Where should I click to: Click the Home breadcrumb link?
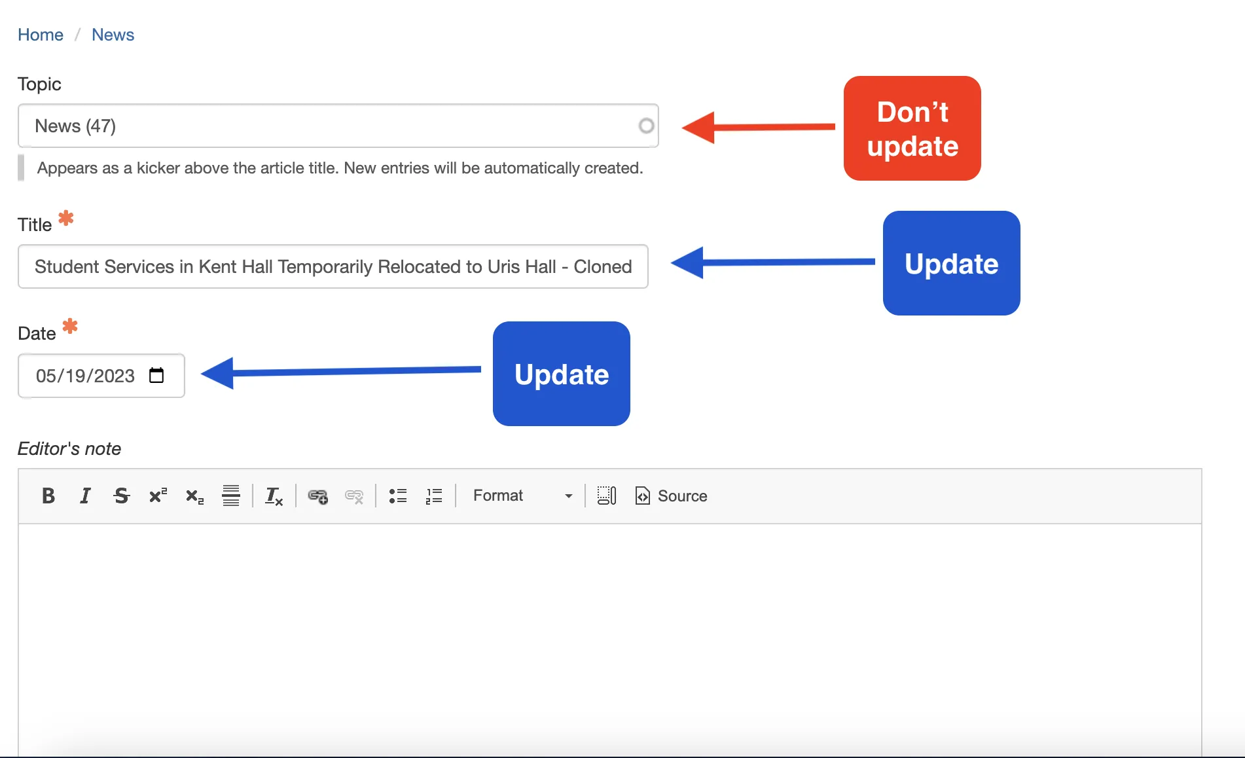click(41, 35)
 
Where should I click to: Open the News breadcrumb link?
click(113, 35)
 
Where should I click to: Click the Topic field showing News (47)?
click(338, 126)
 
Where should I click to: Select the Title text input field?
click(333, 266)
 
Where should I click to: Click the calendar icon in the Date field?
click(156, 375)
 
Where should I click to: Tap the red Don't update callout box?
click(912, 128)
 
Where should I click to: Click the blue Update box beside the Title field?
click(951, 263)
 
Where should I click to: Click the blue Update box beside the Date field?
click(561, 374)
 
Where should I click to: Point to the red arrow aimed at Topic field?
click(758, 127)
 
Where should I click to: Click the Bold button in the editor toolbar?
click(48, 496)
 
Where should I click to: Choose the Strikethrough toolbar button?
click(122, 496)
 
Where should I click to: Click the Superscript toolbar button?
click(158, 496)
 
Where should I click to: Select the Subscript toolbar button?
click(194, 496)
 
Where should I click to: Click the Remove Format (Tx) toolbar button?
click(274, 496)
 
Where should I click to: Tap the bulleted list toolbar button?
click(398, 496)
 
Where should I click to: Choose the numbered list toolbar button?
click(434, 496)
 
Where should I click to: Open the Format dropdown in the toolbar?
click(522, 496)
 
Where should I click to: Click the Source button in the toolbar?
click(672, 496)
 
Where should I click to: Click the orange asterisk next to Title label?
click(66, 218)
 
